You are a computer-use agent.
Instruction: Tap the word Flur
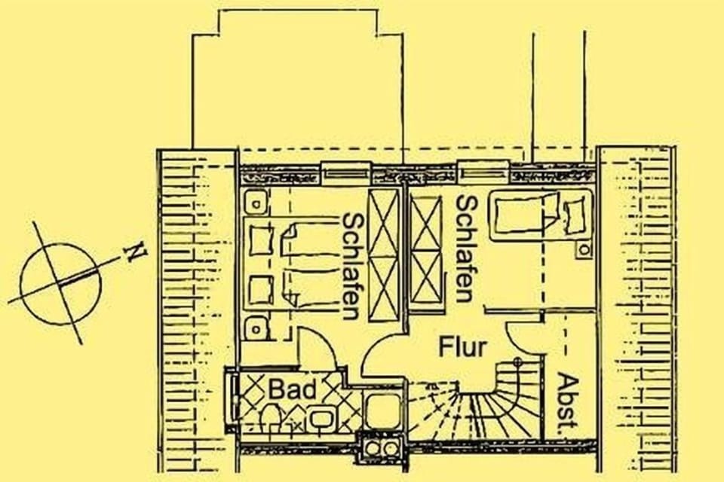pos(463,347)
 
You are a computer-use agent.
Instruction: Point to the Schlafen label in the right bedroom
pos(466,249)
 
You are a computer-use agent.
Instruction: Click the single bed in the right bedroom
pos(539,217)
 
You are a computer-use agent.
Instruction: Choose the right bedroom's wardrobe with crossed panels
pos(426,248)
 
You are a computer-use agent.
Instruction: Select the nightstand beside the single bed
pos(584,246)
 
